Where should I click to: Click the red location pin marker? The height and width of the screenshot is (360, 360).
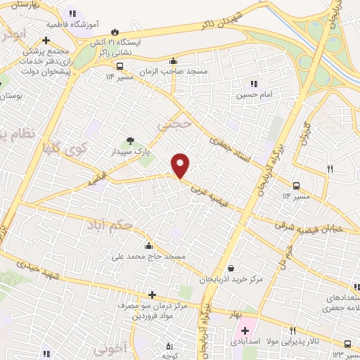(181, 165)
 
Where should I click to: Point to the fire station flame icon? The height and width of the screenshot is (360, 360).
(117, 31)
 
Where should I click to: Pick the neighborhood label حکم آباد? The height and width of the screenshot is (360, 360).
(110, 225)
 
